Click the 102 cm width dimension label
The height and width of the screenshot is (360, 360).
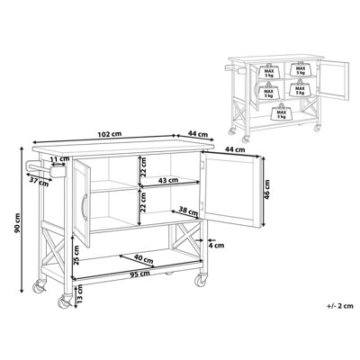pos(110,133)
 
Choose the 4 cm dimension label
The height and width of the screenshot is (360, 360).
pos(217,243)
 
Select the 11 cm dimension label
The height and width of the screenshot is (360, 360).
pos(60,160)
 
